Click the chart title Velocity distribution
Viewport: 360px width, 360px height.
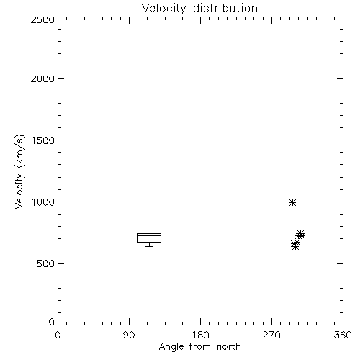(x=199, y=9)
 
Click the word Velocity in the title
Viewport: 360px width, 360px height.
(x=163, y=9)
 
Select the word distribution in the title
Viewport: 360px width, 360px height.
(x=225, y=8)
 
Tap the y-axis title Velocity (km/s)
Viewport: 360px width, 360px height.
(x=19, y=171)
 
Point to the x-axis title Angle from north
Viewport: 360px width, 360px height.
(x=199, y=347)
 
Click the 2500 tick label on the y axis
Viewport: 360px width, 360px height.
(x=42, y=19)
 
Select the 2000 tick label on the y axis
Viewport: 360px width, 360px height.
(x=42, y=78)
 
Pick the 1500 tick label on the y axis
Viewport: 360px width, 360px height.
(x=43, y=140)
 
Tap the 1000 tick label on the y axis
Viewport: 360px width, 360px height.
(x=43, y=202)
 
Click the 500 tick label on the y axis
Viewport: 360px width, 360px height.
(x=46, y=264)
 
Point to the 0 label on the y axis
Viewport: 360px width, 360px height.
(x=52, y=322)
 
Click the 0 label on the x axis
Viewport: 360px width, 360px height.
(x=58, y=335)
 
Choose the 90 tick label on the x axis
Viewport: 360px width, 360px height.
(x=129, y=335)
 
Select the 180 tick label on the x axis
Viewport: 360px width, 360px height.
(x=200, y=335)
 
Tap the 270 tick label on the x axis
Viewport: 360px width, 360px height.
(x=271, y=335)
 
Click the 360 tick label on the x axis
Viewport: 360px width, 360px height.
(x=343, y=335)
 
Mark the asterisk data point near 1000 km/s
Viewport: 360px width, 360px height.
(x=292, y=203)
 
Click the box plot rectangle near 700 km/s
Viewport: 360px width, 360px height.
(x=149, y=233)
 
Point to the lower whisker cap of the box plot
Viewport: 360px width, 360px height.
(x=149, y=246)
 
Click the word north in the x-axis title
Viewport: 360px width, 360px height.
(x=229, y=347)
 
